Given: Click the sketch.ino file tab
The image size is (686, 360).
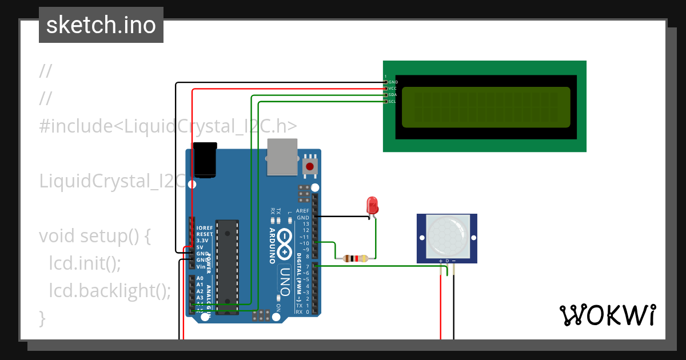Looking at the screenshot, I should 101,25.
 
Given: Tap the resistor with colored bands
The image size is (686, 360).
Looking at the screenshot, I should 355,258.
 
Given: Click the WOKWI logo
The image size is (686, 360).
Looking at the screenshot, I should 607,315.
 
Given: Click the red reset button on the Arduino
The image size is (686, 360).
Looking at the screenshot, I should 310,167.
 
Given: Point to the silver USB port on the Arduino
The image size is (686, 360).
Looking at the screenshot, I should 282,158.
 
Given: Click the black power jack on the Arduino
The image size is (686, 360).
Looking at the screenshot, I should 205,159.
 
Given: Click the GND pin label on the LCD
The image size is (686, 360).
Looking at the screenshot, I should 393,82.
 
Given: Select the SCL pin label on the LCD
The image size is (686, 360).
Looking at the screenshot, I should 392,101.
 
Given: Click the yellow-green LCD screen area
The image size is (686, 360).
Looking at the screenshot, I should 486,107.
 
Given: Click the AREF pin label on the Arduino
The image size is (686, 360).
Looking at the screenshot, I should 302,211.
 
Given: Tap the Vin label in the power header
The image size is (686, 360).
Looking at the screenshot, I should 201,266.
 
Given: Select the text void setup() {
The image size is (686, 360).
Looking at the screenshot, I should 94,236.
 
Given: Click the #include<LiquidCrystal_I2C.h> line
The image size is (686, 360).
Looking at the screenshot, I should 168,126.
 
